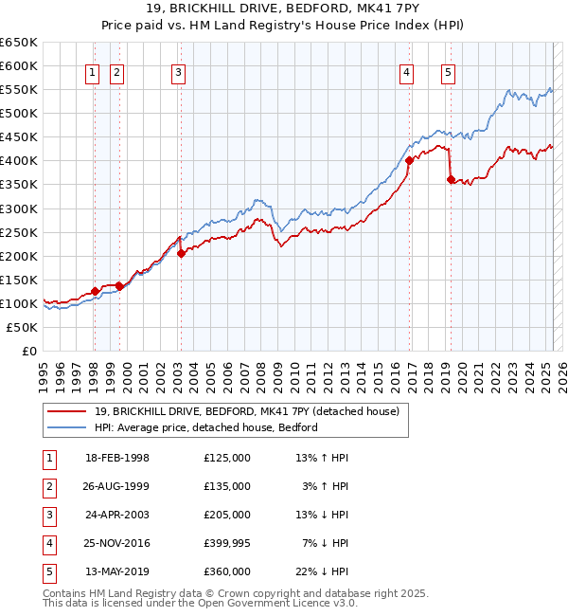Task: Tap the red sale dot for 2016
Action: tap(409, 161)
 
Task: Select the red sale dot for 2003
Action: tap(181, 253)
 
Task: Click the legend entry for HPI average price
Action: tap(205, 427)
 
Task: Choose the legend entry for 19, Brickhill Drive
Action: tap(246, 411)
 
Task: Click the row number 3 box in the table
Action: tap(48, 515)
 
